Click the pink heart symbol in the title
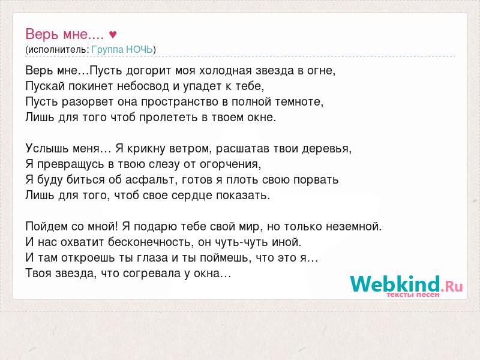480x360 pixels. pos(113,35)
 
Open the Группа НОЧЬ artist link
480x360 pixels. pos(122,50)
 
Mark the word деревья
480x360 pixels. pos(326,149)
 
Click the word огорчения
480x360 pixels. pos(230,164)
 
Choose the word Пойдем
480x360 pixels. pos(47,227)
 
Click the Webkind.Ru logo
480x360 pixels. pos(406,284)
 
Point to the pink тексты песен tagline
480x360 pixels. pos(413,295)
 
